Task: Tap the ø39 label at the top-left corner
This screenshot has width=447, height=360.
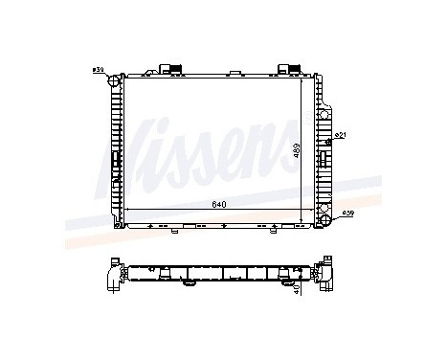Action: click(98, 69)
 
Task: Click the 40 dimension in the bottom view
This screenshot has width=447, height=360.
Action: click(298, 285)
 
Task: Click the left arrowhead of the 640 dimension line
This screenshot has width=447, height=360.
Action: click(126, 213)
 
